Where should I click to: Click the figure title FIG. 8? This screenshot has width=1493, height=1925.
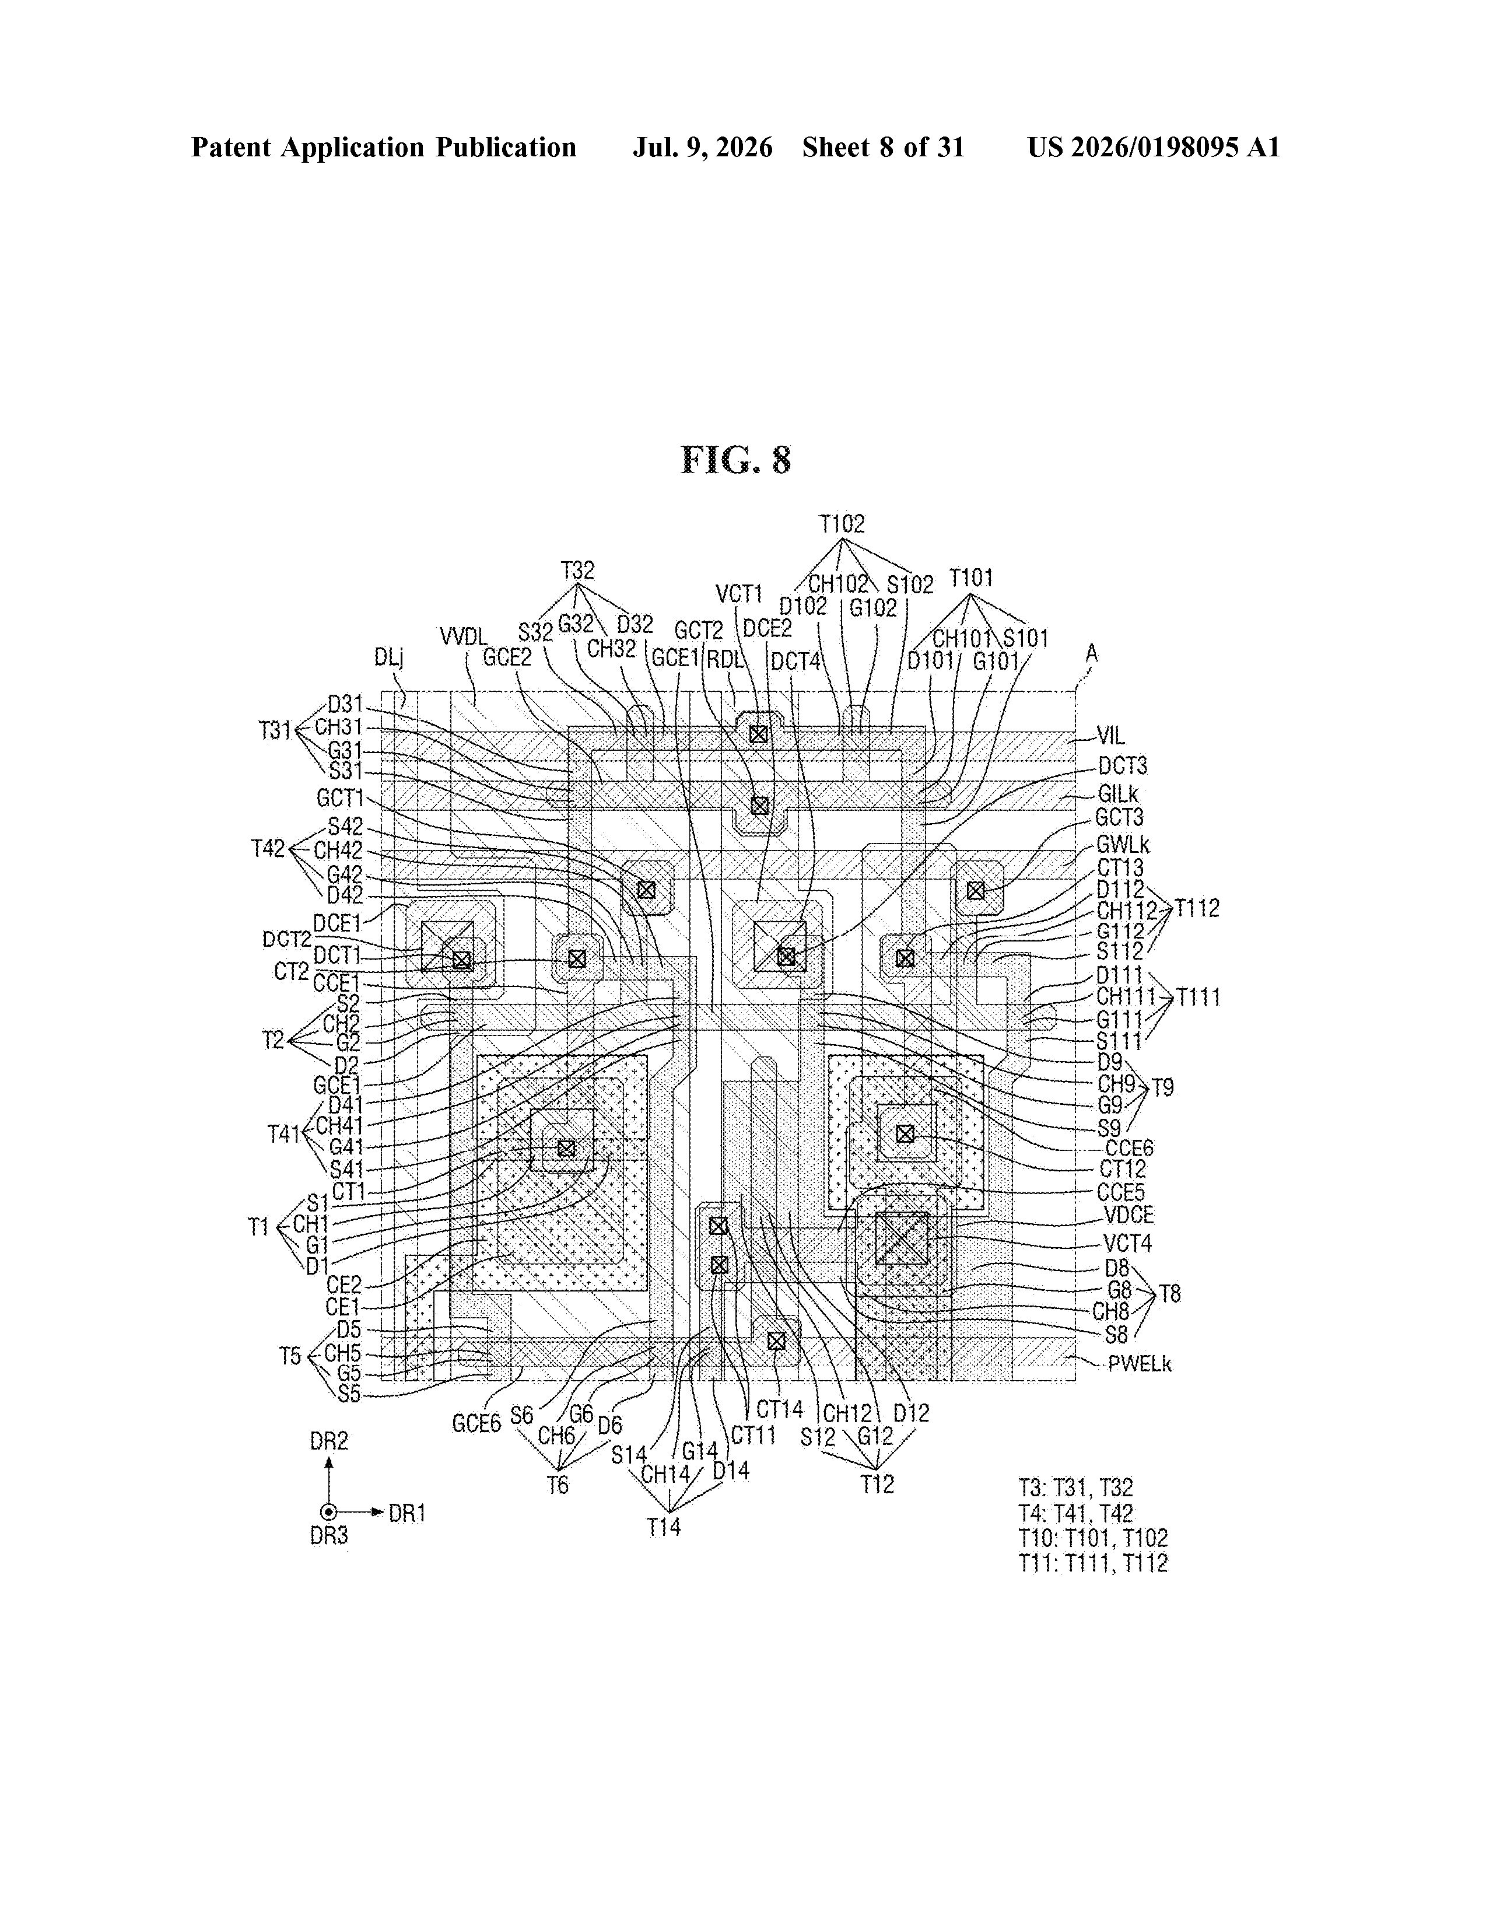pos(736,460)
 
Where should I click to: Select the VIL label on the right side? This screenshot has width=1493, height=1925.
pos(1112,736)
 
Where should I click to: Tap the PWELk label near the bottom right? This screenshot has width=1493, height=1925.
pos(1140,1364)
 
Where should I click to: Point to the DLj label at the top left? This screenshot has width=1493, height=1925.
pos(388,657)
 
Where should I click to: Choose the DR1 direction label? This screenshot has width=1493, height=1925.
pos(407,1513)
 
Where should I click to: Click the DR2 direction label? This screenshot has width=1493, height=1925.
pos(329,1441)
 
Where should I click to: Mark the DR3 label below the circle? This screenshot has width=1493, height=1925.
pos(329,1535)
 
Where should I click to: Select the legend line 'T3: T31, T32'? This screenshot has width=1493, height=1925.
pos(1075,1488)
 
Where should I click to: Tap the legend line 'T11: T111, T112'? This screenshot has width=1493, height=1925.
pos(1093,1563)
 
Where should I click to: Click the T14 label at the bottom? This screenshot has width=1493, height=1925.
pos(664,1527)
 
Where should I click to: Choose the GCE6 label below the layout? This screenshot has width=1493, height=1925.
pos(476,1423)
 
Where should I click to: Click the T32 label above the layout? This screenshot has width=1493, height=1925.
pos(578,570)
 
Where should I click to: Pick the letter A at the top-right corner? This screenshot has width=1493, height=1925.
pos(1092,653)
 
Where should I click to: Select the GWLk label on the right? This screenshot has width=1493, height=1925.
pos(1123,845)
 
